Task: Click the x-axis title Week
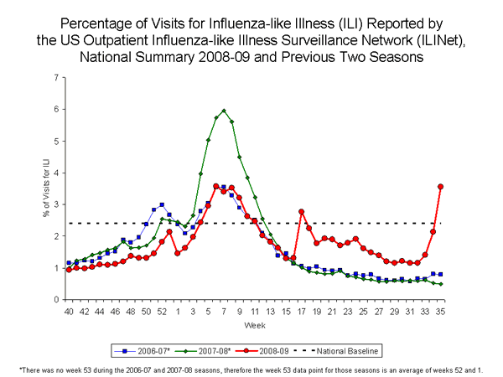tap(266, 323)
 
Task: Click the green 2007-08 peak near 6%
tap(224, 111)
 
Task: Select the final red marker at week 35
tap(464, 187)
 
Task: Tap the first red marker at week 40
tap(69, 270)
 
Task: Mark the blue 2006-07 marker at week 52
tap(161, 205)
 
